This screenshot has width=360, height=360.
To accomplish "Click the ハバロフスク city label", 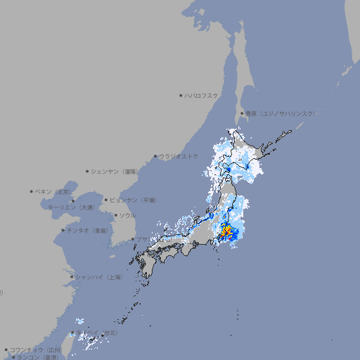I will (202, 95).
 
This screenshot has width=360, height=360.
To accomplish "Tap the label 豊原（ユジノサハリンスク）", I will (280, 113).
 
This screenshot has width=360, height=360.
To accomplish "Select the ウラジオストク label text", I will (179, 156).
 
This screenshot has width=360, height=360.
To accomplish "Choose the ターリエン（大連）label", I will (71, 207).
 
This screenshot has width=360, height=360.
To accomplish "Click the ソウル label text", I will (127, 215).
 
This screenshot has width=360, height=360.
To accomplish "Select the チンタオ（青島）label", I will (88, 230).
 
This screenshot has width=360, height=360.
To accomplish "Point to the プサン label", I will (141, 240).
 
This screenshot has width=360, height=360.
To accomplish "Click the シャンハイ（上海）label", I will (98, 277).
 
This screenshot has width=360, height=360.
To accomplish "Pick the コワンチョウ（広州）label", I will (36, 349).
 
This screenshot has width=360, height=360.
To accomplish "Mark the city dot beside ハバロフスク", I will (181, 95).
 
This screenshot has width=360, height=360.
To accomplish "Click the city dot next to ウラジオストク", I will (155, 156).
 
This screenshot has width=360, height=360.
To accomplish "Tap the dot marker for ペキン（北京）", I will (32, 191).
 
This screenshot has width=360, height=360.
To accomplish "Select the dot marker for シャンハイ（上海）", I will (72, 277).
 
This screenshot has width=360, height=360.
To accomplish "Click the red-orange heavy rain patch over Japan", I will (227, 230).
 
